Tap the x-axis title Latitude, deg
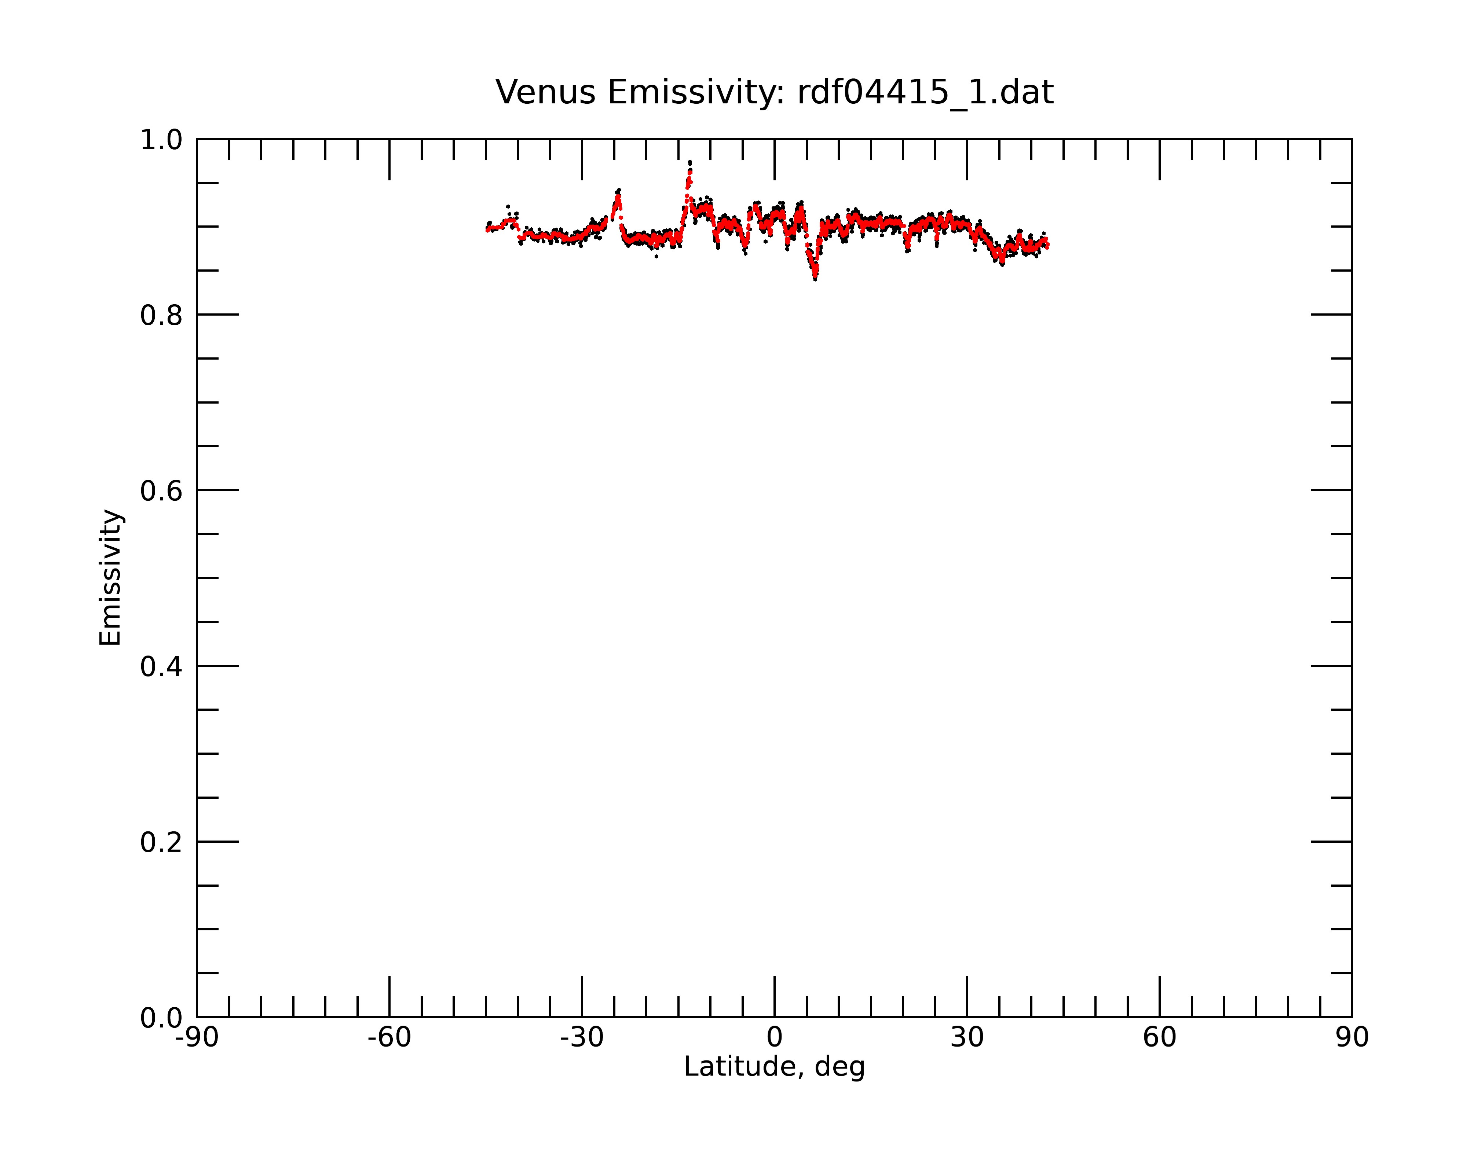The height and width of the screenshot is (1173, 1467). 774,1067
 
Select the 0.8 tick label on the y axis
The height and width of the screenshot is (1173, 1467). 161,316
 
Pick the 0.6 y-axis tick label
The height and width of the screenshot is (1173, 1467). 161,491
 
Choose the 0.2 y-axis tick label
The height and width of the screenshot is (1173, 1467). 161,842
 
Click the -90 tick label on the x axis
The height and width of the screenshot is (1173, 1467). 197,1038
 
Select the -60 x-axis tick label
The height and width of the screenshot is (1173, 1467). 389,1038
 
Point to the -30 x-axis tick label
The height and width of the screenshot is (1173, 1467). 582,1038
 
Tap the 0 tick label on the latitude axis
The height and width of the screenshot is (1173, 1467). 774,1038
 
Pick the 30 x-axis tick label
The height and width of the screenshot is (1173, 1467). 967,1038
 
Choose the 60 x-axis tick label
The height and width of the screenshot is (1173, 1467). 1159,1038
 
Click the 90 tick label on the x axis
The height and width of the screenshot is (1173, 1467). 1352,1038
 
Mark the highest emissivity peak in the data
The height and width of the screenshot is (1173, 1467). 690,162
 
